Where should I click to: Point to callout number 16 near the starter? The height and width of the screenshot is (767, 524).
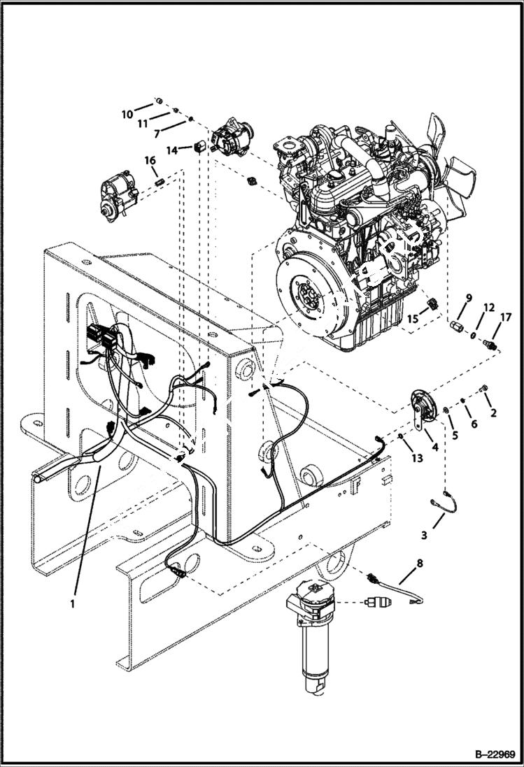coord(150,161)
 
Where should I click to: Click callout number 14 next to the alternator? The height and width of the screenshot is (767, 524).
coord(172,150)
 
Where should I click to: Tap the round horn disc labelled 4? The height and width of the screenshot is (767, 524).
coord(421,406)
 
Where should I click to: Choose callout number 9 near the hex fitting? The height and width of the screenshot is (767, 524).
coord(469,297)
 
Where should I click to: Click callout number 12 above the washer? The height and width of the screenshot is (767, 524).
coord(489,307)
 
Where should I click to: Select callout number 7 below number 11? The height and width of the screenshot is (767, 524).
coord(159,132)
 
